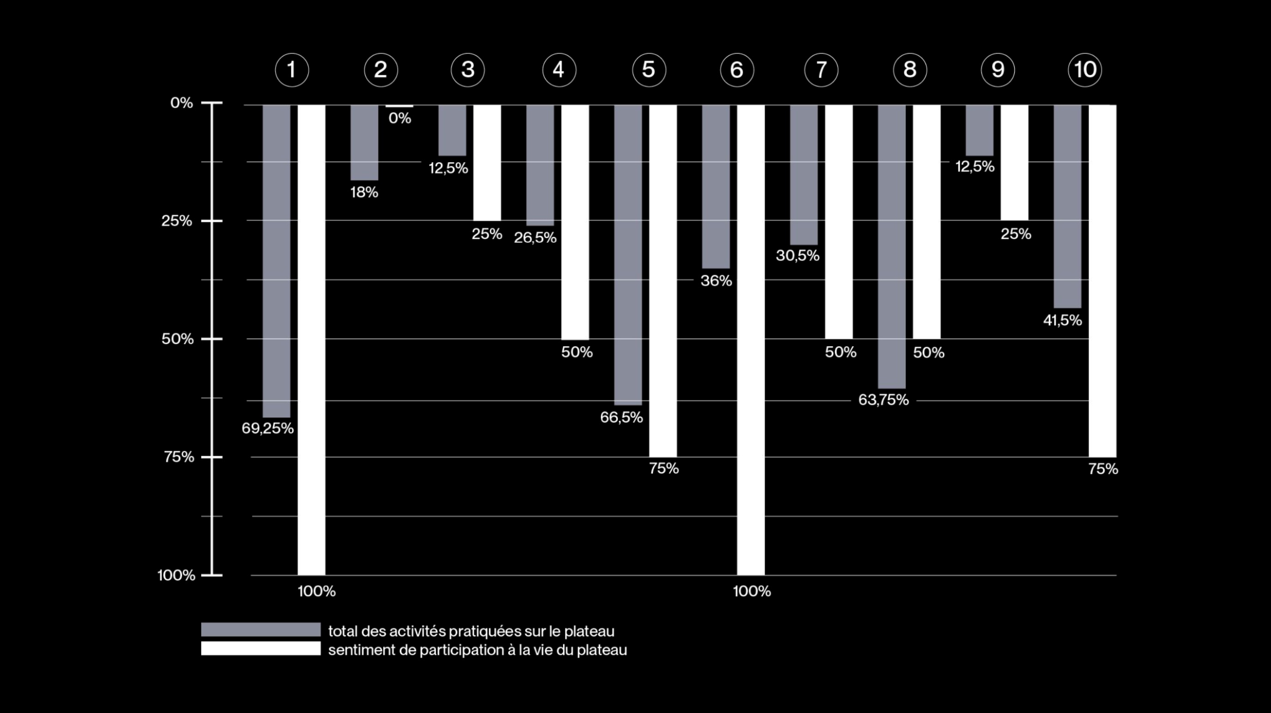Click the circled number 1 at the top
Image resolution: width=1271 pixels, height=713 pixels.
pos(291,70)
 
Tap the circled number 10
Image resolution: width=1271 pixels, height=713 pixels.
pos(1084,70)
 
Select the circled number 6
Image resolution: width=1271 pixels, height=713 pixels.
pos(737,70)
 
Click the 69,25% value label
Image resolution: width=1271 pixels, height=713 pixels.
pos(267,428)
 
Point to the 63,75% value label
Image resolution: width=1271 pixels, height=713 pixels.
pos(883,399)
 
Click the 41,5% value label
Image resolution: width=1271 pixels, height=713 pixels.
pos(1062,320)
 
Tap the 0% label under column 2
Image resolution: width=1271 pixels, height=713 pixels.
pos(399,118)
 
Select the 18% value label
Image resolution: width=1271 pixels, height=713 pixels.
pos(364,193)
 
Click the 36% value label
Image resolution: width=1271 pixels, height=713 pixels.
pos(716,281)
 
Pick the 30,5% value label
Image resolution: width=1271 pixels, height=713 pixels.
pos(797,255)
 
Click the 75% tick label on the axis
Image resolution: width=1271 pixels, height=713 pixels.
pos(179,457)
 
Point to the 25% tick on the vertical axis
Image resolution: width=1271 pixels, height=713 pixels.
pos(176,221)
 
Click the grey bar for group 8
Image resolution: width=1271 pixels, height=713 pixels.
pos(891,247)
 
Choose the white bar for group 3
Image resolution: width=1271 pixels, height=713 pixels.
pos(487,163)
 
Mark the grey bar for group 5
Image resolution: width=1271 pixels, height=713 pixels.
pos(628,254)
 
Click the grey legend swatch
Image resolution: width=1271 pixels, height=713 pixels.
pos(260,629)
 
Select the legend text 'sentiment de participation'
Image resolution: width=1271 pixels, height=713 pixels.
pos(477,650)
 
